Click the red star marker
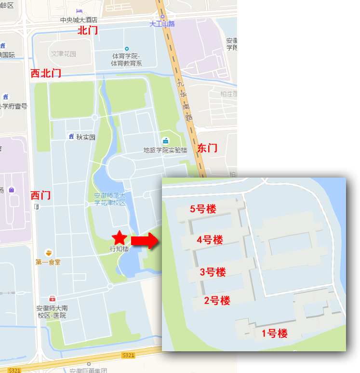(120, 238)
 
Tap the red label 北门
(88, 31)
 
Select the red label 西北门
(46, 73)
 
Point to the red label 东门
(207, 148)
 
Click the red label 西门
(40, 195)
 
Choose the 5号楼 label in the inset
(203, 209)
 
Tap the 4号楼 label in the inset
(210, 240)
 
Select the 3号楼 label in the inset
(213, 272)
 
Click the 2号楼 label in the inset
(217, 301)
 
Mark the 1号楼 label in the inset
(274, 333)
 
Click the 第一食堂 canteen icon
(48, 253)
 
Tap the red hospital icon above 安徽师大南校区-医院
(52, 299)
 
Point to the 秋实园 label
(86, 137)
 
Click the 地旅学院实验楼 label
(165, 150)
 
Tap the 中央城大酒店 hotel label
(79, 20)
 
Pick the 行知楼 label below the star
(120, 249)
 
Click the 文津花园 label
(64, 54)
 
